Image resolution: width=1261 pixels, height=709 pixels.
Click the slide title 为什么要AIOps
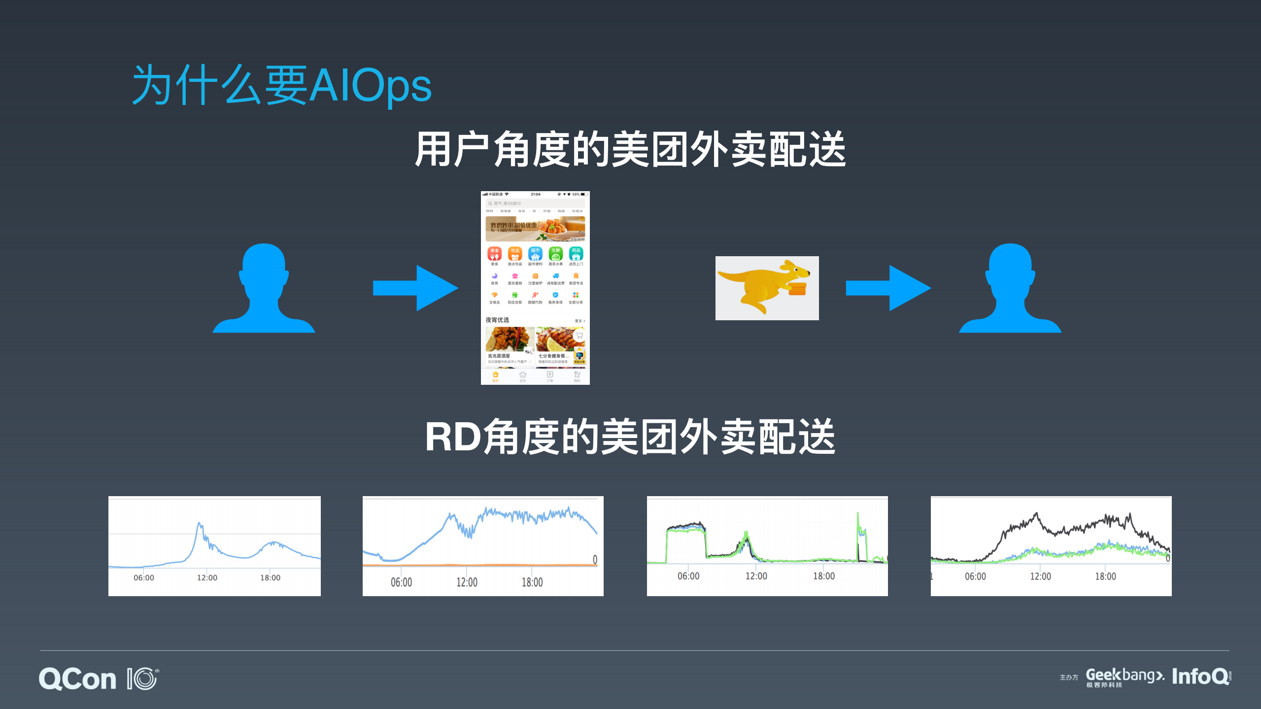282,86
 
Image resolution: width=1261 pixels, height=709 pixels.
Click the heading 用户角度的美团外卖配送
630,149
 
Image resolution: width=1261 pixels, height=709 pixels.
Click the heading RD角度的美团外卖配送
630,437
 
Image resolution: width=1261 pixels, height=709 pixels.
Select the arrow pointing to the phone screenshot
415,288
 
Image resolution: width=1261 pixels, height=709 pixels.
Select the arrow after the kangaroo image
888,288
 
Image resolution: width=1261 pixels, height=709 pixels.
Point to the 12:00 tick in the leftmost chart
207,577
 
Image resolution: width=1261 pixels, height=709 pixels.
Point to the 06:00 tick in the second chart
401,582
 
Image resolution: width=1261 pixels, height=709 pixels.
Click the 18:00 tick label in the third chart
823,576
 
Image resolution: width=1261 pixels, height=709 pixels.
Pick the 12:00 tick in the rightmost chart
1040,576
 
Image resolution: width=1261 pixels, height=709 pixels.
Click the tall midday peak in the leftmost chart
200,525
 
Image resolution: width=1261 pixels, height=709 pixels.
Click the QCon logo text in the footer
78,679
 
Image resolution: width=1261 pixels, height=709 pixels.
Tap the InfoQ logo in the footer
1200,676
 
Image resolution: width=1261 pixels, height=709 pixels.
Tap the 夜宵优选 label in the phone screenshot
497,320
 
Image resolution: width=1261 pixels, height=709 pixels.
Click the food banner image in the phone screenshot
535,229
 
